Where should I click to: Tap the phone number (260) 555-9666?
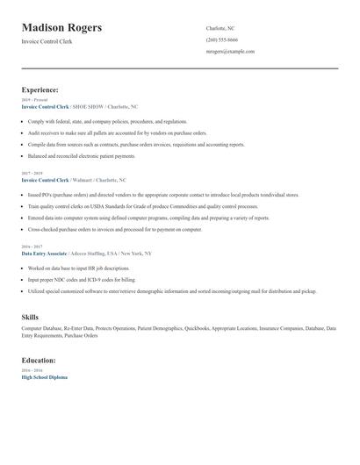(x=221, y=39)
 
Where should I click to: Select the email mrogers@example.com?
(x=230, y=51)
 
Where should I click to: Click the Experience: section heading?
(x=40, y=89)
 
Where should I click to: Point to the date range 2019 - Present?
(x=34, y=100)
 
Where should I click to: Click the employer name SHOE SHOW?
(x=85, y=106)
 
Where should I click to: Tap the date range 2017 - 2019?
(x=32, y=173)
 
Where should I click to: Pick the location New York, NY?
(x=136, y=253)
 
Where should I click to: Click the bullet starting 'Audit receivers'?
(x=117, y=132)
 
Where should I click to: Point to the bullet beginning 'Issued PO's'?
(x=163, y=195)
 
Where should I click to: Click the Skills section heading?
(x=30, y=316)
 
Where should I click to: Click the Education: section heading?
(x=39, y=360)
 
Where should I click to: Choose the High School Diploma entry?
(x=44, y=376)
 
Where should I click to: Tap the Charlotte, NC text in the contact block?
(x=220, y=28)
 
